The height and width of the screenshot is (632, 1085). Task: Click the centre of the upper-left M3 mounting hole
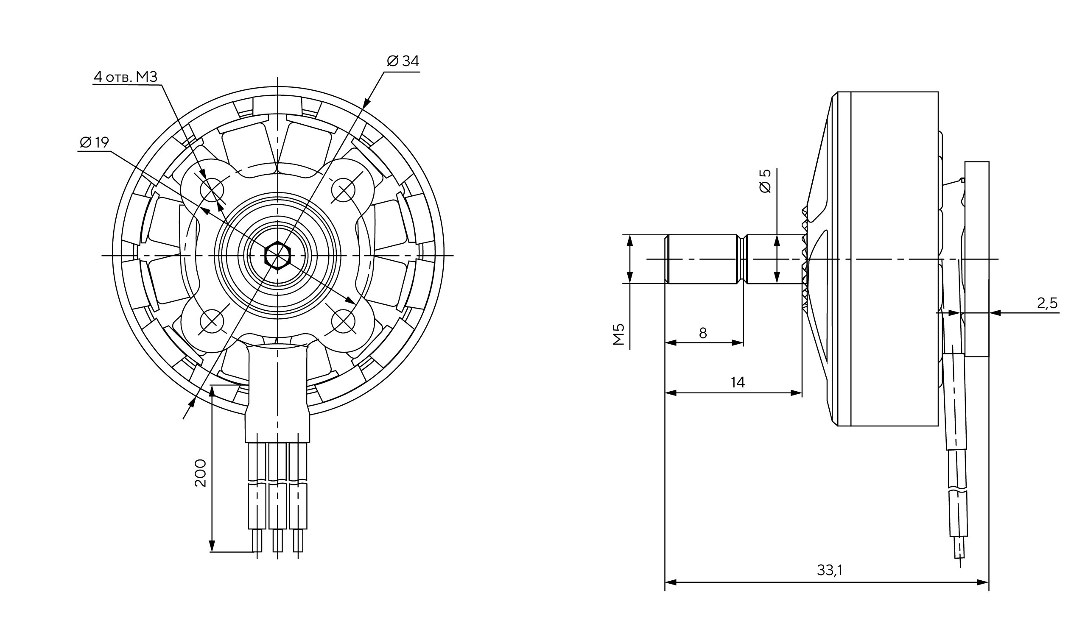(213, 190)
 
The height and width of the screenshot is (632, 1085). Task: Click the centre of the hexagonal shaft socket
(278, 256)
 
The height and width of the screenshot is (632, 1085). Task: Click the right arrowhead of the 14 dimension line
(797, 393)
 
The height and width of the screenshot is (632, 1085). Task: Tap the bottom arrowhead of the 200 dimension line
(212, 546)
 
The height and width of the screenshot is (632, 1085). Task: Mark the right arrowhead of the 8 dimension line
(738, 343)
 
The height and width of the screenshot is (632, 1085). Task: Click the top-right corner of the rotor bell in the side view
(938, 92)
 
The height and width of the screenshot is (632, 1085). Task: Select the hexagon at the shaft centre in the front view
(278, 256)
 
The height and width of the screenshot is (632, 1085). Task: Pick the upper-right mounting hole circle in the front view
(343, 190)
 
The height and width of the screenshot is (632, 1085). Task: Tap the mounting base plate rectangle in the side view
(977, 259)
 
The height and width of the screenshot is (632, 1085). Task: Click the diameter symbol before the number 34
(393, 61)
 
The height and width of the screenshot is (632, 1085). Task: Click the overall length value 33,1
(830, 570)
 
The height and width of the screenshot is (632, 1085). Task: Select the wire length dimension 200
(201, 473)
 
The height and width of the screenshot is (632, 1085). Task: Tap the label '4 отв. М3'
(126, 77)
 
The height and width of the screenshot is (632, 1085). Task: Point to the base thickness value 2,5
(1047, 303)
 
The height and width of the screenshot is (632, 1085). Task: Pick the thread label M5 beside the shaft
(619, 335)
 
